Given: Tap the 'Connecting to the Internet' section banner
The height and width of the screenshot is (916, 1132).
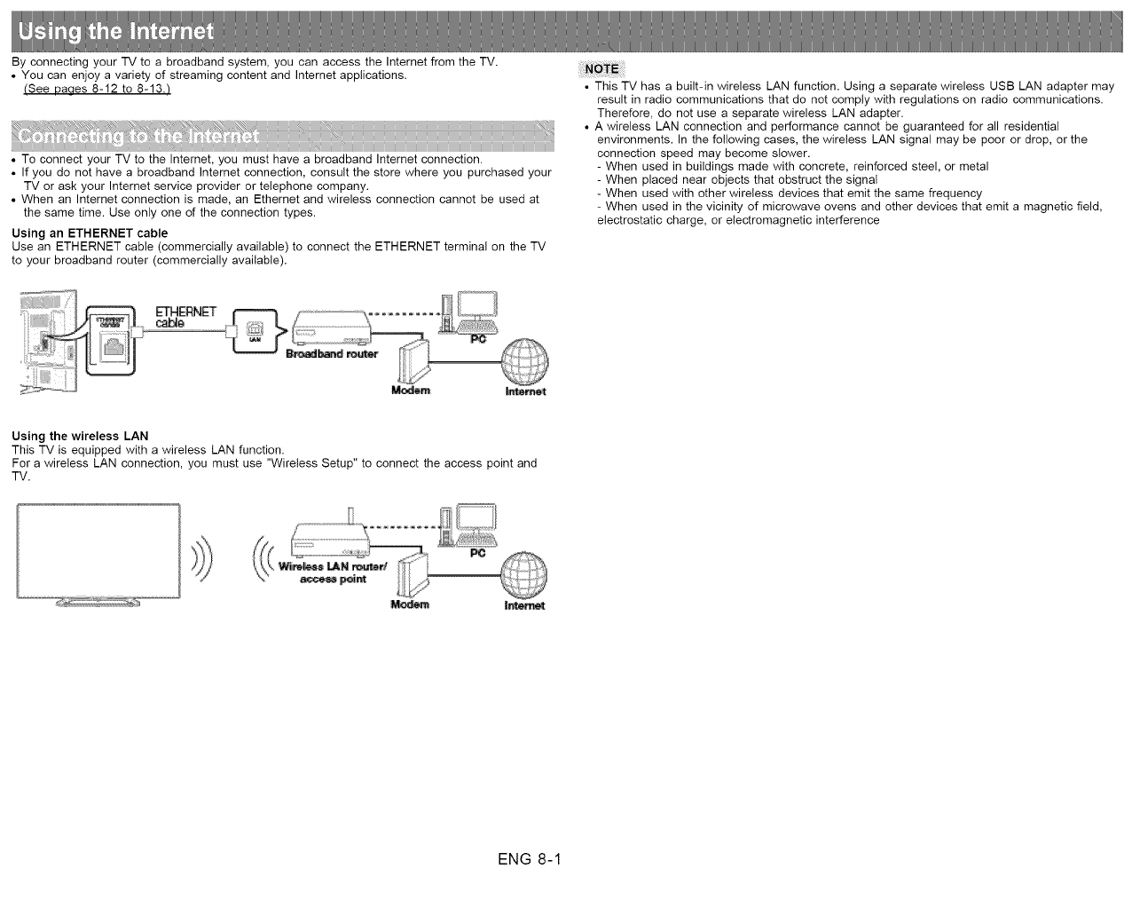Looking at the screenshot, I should pyautogui.click(x=139, y=138).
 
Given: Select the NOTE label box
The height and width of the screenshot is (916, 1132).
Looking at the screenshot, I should pyautogui.click(x=601, y=70).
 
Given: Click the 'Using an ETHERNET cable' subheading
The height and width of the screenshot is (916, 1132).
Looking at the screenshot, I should pyautogui.click(x=90, y=233).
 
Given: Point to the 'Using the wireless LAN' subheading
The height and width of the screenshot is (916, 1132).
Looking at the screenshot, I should pyautogui.click(x=80, y=436).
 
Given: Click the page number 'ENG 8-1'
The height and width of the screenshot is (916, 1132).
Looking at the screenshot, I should pyautogui.click(x=531, y=859).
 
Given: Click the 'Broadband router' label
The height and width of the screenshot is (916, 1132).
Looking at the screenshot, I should pyautogui.click(x=332, y=354).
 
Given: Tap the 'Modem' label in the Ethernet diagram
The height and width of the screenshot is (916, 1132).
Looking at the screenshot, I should pyautogui.click(x=411, y=391).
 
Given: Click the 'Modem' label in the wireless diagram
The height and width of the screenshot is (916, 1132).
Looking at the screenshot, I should pyautogui.click(x=410, y=605).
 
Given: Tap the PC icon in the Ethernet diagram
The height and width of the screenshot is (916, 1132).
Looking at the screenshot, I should pyautogui.click(x=470, y=313).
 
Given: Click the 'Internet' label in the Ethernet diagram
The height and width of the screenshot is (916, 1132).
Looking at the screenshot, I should pyautogui.click(x=525, y=391).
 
